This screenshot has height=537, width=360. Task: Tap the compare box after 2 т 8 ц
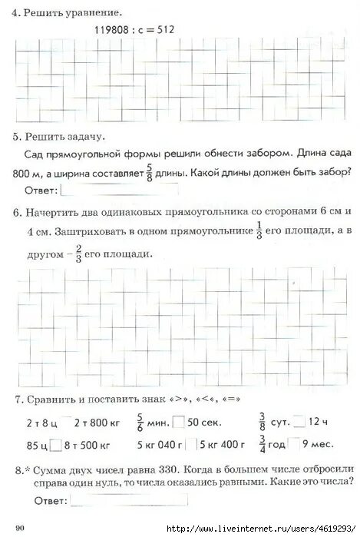[x=67, y=422]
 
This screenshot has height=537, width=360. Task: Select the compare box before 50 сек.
[x=179, y=422]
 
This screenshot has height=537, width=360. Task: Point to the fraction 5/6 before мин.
[x=140, y=421]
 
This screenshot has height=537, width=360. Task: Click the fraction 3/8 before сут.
[x=263, y=421]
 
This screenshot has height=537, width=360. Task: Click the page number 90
[x=20, y=527]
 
